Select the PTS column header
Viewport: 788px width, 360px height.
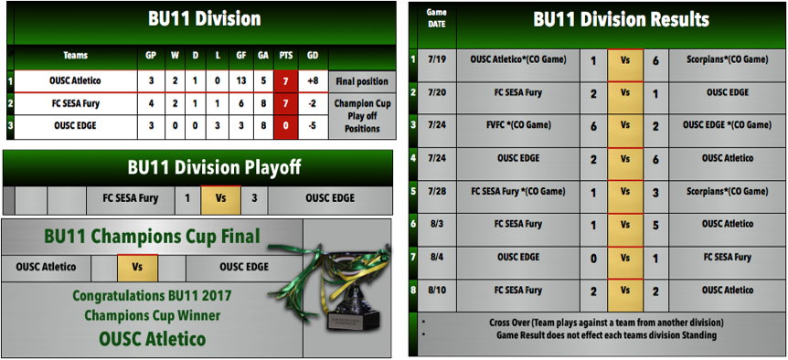coord(285,55)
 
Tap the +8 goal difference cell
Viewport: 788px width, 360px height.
coord(313,81)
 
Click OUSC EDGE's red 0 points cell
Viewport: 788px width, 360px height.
coord(285,126)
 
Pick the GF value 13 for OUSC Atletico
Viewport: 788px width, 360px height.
coord(241,81)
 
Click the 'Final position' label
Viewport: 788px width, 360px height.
coord(362,81)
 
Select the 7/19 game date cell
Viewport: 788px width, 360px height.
coord(437,60)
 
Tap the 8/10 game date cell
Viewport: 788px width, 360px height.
coord(437,291)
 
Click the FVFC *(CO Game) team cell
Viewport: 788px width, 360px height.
coord(518,125)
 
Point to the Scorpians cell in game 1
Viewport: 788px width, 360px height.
coord(727,59)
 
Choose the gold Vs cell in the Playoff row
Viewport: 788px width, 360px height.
coord(220,198)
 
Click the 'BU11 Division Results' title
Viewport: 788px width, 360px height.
coord(621,19)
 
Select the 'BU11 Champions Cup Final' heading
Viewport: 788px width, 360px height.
coord(152,236)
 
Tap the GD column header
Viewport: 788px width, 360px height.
coord(313,55)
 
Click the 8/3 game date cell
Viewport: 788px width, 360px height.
coord(437,224)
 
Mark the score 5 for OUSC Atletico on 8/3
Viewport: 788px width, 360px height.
coord(656,226)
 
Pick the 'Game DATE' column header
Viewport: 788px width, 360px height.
coord(437,17)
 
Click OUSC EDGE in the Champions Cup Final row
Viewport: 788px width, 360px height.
coord(244,267)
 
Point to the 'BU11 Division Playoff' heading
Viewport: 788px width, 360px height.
coord(214,168)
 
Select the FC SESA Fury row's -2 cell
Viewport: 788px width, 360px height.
coord(313,104)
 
